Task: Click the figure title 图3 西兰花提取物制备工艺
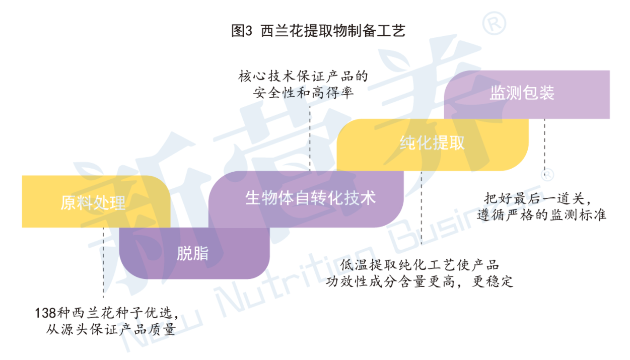click(318, 31)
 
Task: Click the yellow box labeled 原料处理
click(96, 201)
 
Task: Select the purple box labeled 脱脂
click(194, 253)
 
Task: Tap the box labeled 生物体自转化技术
click(306, 199)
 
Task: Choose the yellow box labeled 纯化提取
click(433, 145)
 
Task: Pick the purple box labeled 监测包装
click(527, 95)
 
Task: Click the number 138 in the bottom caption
click(45, 313)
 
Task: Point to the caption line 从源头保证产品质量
click(111, 329)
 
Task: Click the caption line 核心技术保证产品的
click(303, 76)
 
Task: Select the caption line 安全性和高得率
click(303, 93)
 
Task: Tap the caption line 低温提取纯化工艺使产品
click(419, 265)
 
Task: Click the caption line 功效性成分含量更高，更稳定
click(419, 281)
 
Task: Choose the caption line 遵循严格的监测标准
click(541, 215)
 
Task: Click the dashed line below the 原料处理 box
click(103, 263)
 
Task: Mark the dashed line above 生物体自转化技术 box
click(310, 138)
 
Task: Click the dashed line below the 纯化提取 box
click(422, 208)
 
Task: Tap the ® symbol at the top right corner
click(494, 23)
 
